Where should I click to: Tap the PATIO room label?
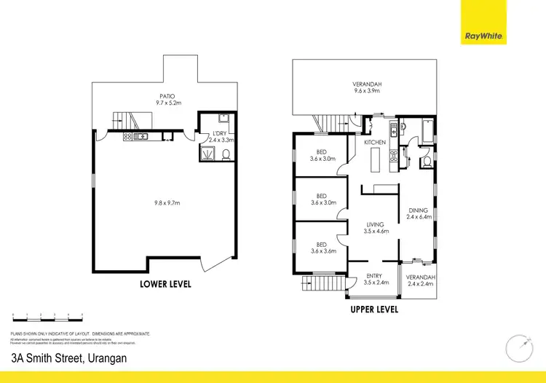pyautogui.click(x=167, y=96)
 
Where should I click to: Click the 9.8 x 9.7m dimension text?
pyautogui.click(x=166, y=202)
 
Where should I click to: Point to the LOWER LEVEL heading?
pyautogui.click(x=165, y=284)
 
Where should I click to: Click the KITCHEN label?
pyautogui.click(x=375, y=142)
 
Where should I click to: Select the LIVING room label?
pyautogui.click(x=375, y=224)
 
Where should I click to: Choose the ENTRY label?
pyautogui.click(x=374, y=275)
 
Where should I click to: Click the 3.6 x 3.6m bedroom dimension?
pyautogui.click(x=321, y=250)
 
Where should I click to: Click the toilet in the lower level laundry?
pyautogui.click(x=226, y=153)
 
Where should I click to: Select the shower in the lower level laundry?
pyautogui.click(x=207, y=153)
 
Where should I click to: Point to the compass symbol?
pyautogui.click(x=518, y=345)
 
